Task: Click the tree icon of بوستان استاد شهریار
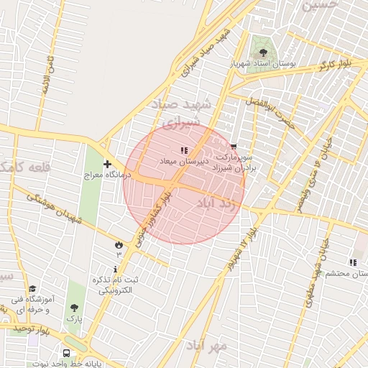pos(263,52)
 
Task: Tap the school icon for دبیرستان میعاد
pos(184,150)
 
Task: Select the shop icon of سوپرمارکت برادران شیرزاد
pos(233,146)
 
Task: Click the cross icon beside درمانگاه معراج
pos(107,164)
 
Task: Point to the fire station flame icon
pos(119,245)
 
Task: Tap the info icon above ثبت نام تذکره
pos(116,269)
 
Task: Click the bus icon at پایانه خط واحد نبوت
pos(67,354)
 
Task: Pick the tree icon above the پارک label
pos(74,308)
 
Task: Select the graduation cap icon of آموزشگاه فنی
pos(32,288)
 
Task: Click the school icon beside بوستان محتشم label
pos(352,263)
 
